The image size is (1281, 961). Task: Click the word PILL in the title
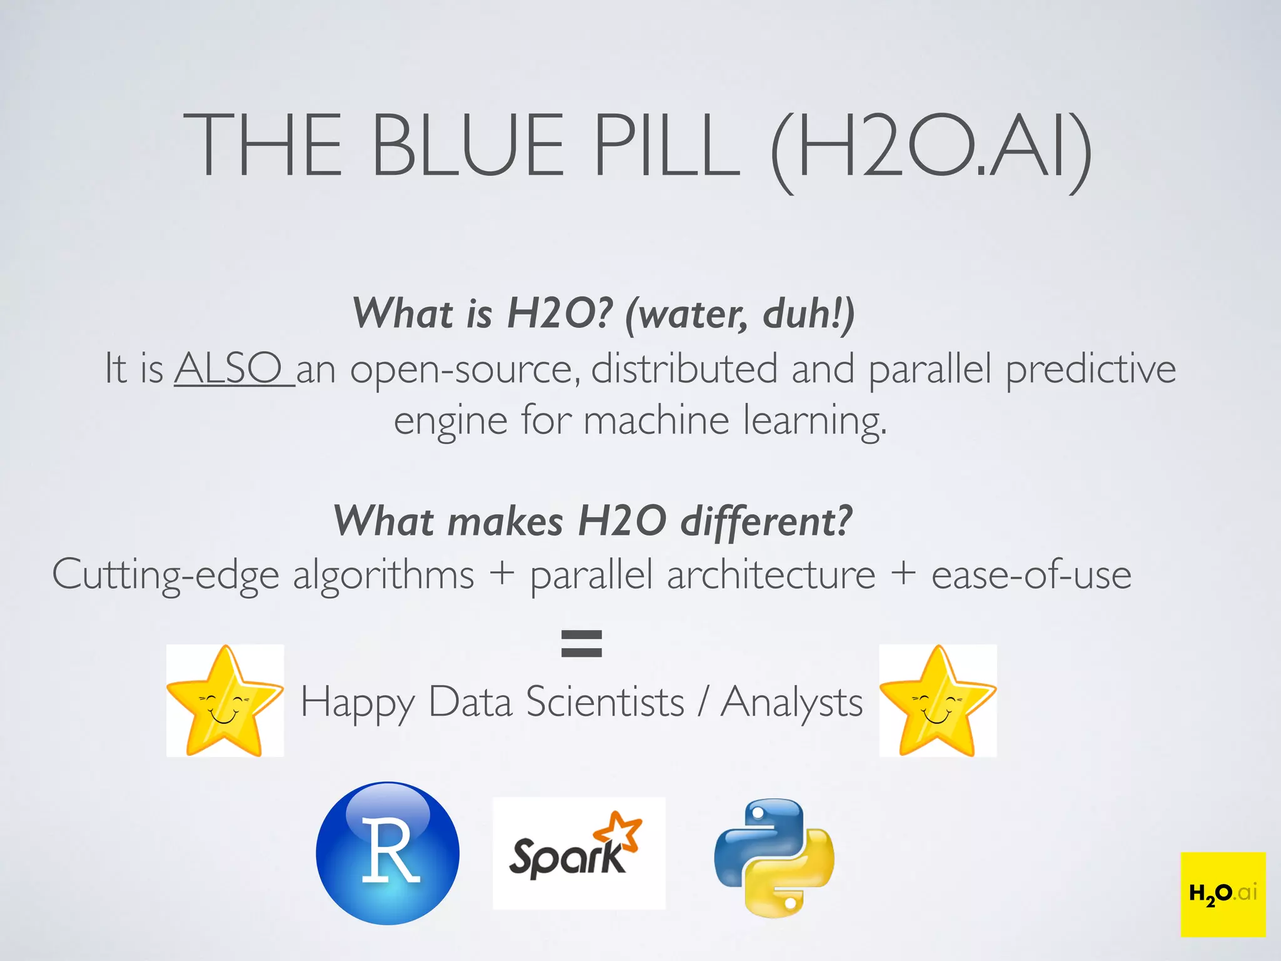coord(666,145)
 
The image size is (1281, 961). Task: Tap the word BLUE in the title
coord(468,145)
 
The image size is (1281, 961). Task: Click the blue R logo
coord(388,853)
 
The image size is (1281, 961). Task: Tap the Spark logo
coord(579,853)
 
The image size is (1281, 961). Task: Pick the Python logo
coord(774,858)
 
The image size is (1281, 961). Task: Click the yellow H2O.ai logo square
coord(1223,894)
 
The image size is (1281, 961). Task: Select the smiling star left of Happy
coord(225,701)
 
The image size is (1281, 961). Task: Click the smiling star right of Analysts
coord(938,701)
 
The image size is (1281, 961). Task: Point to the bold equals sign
coord(582,644)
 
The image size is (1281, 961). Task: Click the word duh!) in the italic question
coord(808,313)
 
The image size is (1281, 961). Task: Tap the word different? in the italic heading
coord(766,521)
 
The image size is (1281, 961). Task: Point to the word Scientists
coord(605,702)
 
